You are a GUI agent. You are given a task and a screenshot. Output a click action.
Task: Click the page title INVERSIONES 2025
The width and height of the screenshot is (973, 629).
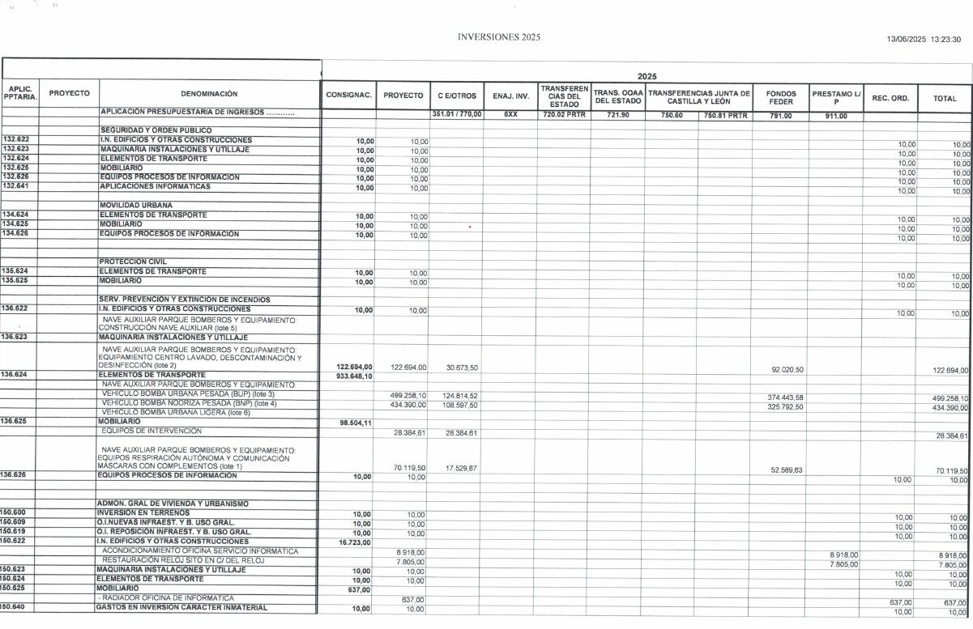498,37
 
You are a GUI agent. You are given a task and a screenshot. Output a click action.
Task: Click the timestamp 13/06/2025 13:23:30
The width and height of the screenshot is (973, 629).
923,38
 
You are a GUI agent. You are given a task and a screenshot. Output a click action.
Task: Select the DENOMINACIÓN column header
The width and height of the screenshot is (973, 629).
209,94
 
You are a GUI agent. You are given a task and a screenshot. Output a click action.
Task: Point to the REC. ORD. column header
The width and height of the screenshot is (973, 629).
890,98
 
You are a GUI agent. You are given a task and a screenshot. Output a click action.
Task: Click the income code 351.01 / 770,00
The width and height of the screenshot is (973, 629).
456,115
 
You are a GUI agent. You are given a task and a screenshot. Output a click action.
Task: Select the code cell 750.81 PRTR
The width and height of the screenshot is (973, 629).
724,115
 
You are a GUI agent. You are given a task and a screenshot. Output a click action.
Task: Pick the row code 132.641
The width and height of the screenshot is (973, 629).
15,186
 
